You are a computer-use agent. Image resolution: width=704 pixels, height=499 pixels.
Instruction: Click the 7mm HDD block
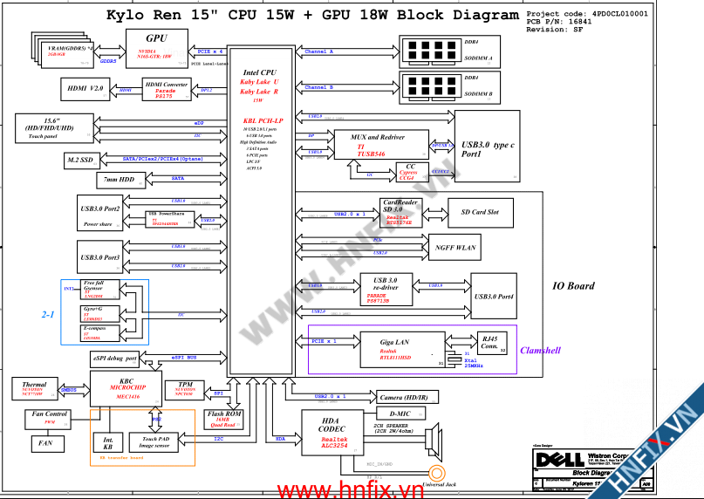[119, 179]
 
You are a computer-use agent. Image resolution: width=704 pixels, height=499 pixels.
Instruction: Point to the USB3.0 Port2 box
[99, 213]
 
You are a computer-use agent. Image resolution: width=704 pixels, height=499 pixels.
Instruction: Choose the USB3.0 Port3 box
[99, 258]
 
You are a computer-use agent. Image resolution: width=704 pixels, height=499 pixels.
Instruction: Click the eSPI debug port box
[114, 358]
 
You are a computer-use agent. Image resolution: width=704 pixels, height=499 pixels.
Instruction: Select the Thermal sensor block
[35, 388]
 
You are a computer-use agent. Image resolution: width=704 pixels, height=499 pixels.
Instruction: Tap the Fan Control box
[50, 418]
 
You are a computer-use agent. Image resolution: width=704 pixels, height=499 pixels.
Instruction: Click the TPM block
[185, 388]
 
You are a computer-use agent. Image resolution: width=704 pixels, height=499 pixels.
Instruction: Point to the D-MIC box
[400, 414]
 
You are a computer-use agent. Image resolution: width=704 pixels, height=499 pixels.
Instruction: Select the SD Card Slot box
[479, 212]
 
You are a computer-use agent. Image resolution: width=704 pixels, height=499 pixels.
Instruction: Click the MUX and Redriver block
[381, 144]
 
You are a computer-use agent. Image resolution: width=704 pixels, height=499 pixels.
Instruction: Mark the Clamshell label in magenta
[540, 351]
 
